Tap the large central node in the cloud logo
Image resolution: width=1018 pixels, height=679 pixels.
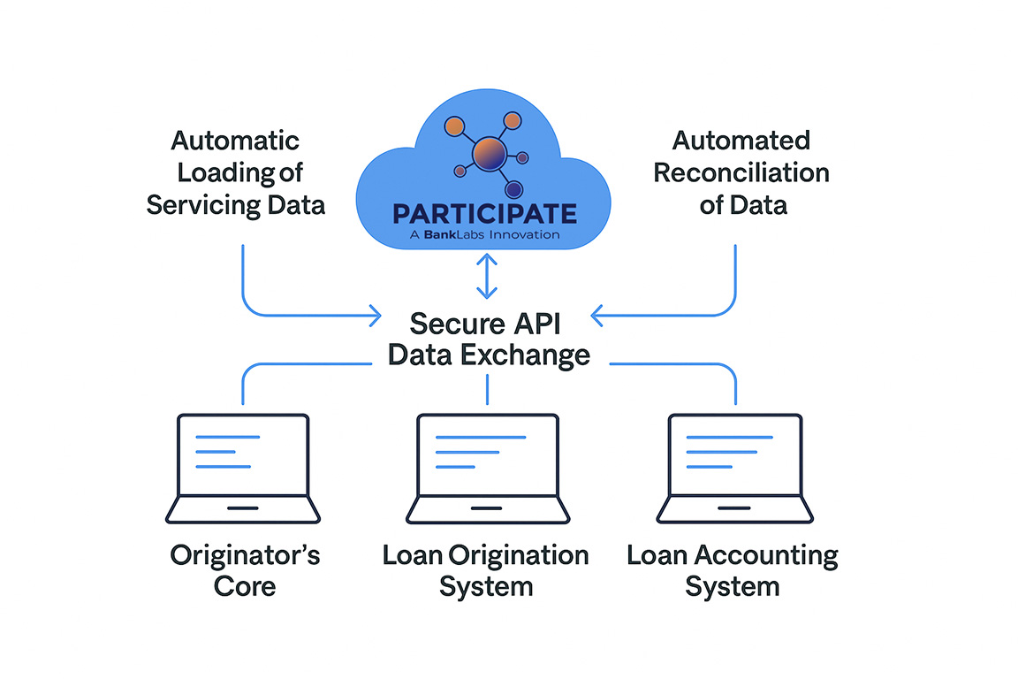489,155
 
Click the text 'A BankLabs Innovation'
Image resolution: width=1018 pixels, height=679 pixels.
485,235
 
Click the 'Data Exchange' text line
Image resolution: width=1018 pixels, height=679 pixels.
489,355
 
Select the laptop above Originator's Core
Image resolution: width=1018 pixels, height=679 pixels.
243,468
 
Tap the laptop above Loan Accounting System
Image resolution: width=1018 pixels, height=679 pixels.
735,468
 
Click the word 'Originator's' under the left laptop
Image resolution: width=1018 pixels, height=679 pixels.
245,555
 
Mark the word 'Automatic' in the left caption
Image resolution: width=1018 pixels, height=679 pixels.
235,141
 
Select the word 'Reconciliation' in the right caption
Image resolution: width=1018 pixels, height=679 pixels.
741,172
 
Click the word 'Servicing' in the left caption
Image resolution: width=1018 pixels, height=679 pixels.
202,205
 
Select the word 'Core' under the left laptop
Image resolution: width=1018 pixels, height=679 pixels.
245,586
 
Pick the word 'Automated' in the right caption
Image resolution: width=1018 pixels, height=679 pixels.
741,141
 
